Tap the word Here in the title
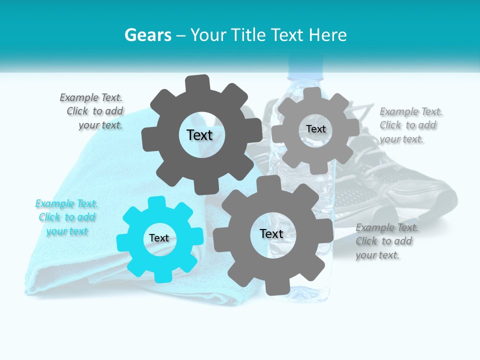coord(328,35)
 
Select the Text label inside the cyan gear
coord(159,238)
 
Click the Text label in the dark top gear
coord(199,135)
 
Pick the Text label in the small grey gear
coord(316,129)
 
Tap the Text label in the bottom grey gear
coord(271,234)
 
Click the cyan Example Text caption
coord(66,217)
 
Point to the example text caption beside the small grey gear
coord(410,125)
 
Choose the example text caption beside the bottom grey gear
coord(386,241)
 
